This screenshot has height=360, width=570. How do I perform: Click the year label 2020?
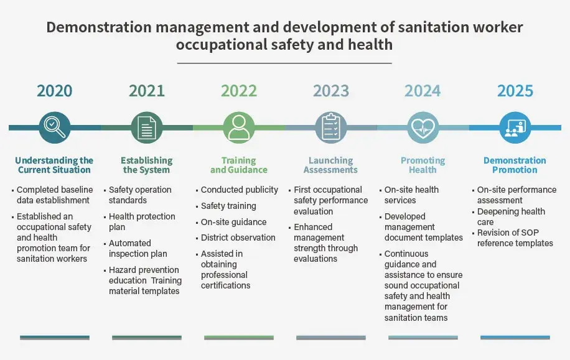pyautogui.click(x=55, y=91)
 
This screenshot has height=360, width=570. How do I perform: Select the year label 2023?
pyautogui.click(x=331, y=91)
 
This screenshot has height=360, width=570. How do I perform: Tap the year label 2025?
pyautogui.click(x=515, y=91)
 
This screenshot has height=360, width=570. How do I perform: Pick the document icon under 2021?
pyautogui.click(x=147, y=127)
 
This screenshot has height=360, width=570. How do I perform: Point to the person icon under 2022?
pyautogui.click(x=239, y=127)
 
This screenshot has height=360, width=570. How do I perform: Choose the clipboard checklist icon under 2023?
pyautogui.click(x=331, y=127)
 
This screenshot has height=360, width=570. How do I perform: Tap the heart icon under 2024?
pyautogui.click(x=423, y=127)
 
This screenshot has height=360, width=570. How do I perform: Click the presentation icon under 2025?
pyautogui.click(x=515, y=127)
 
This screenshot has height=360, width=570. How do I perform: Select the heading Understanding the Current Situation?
pyautogui.click(x=55, y=165)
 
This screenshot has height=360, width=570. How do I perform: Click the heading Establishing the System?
pyautogui.click(x=147, y=165)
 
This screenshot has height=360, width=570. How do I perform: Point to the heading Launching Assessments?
pyautogui.click(x=331, y=165)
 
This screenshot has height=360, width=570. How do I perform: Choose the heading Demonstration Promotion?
pyautogui.click(x=515, y=165)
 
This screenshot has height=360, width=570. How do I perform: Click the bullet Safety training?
pyautogui.click(x=228, y=206)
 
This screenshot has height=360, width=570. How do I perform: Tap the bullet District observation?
pyautogui.click(x=238, y=238)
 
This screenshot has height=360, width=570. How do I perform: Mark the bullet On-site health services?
pyautogui.click(x=411, y=195)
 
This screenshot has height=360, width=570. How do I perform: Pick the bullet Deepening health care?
pyautogui.click(x=511, y=217)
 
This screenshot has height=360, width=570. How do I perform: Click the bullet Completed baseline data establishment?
pyautogui.click(x=55, y=195)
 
